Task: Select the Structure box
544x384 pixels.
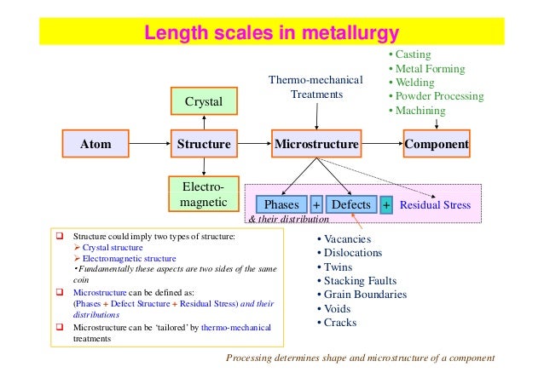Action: tap(203, 144)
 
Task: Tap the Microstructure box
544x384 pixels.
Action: tap(316, 144)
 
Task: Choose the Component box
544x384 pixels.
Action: tap(437, 144)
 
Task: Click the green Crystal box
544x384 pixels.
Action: tap(203, 102)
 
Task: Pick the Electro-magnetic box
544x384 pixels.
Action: tap(203, 194)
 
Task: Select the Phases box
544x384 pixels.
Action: tap(281, 205)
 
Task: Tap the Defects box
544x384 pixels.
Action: tap(350, 205)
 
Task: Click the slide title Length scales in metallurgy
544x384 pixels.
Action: tap(271, 34)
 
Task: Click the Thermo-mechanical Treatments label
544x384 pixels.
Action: tap(316, 87)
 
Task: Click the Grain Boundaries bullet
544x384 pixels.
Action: tap(365, 295)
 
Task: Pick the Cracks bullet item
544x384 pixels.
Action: tap(339, 323)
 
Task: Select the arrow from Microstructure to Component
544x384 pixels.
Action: tap(381, 144)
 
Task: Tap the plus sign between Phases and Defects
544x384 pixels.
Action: tap(315, 205)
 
